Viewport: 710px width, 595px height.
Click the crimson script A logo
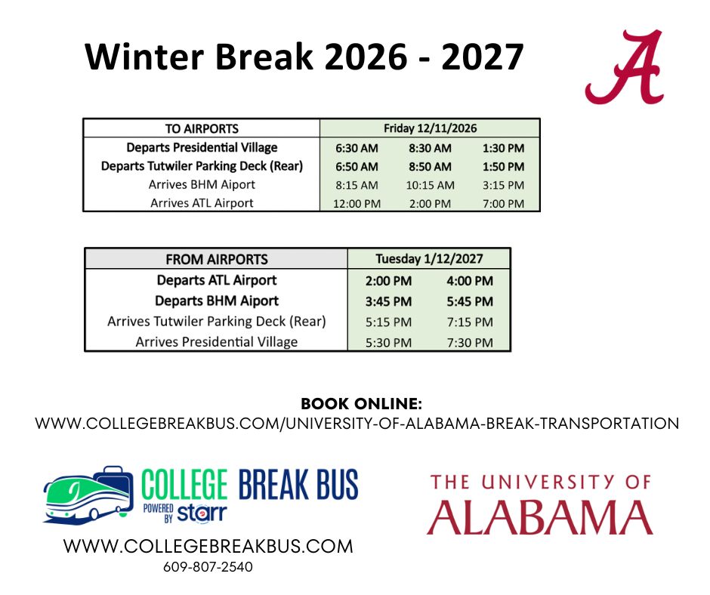click(x=625, y=67)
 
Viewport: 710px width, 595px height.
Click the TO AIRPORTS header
click(x=202, y=128)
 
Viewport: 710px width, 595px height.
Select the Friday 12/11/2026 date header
click(x=431, y=128)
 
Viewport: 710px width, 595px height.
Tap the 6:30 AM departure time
click(x=357, y=148)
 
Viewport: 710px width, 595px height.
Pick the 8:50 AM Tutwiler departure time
click(x=431, y=167)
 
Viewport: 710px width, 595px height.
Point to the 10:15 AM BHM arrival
click(x=431, y=185)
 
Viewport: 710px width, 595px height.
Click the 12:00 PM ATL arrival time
click(x=357, y=204)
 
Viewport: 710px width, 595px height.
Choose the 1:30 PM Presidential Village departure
click(x=504, y=148)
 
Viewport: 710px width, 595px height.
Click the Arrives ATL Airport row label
click(x=202, y=203)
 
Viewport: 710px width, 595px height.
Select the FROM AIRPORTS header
click(x=217, y=260)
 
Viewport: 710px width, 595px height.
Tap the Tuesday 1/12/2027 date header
click(x=429, y=258)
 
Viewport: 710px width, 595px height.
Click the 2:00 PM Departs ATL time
click(x=388, y=281)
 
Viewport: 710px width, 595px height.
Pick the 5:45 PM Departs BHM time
click(x=470, y=301)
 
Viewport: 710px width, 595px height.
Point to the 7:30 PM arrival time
click(x=470, y=343)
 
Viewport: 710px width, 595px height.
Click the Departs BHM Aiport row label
click(x=217, y=301)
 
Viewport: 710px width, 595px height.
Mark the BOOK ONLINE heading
click(x=361, y=403)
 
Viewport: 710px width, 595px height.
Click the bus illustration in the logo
click(x=88, y=495)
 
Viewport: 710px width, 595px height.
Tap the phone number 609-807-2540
click(x=208, y=567)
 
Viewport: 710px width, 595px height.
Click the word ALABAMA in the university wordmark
click(x=540, y=517)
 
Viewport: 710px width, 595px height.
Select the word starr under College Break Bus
click(x=202, y=513)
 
